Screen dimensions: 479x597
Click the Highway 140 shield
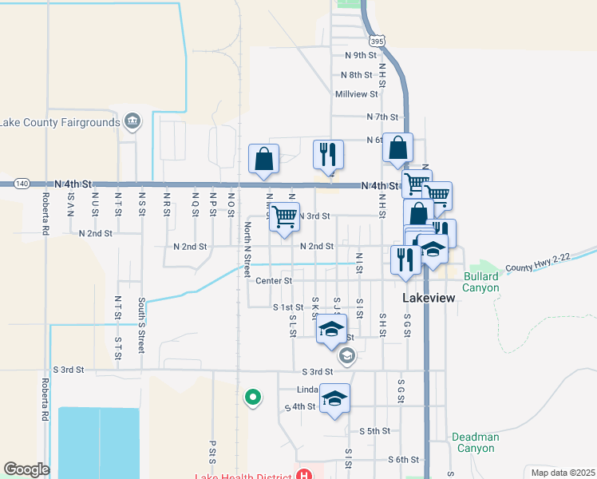pos(22,184)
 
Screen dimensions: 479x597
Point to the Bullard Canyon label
pos(480,281)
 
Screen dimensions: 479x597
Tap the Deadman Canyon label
pos(475,442)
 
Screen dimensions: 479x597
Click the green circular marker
pos(253,396)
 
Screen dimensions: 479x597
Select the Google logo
pos(26,469)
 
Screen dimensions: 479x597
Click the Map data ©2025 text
pos(563,472)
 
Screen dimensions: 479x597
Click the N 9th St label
pos(360,55)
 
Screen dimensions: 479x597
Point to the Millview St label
pos(356,94)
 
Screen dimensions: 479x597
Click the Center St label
pos(274,281)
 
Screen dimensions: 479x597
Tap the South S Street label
pos(141,326)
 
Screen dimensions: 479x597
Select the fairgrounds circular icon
pos(132,122)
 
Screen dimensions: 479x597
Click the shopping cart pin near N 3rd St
pos(284,216)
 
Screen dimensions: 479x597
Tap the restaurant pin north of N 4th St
pos(327,153)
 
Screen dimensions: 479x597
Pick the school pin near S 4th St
pos(335,399)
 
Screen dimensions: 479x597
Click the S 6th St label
pos(403,460)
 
